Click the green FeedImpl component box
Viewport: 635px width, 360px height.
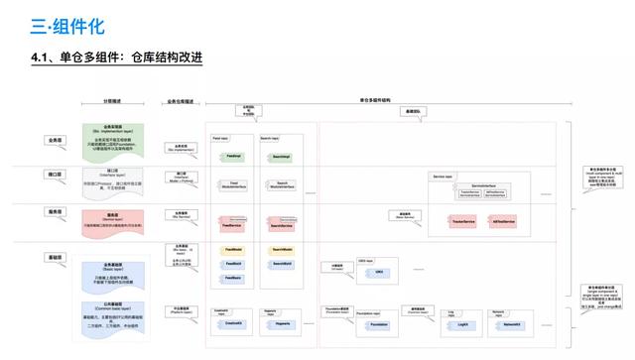pos(233,156)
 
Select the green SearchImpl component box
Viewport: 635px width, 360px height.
pos(280,156)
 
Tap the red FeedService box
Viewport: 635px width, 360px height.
pos(233,225)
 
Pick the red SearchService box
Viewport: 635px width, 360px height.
pos(282,225)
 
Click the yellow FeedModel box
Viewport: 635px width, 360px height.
pos(234,250)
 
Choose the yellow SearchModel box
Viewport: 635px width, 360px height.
pos(281,250)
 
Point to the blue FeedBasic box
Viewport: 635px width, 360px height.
pos(234,277)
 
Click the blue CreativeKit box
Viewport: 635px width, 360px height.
pos(234,322)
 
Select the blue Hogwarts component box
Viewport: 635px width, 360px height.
pos(281,322)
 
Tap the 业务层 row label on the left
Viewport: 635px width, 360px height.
pos(55,142)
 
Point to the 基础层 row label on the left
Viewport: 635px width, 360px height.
pos(55,258)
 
